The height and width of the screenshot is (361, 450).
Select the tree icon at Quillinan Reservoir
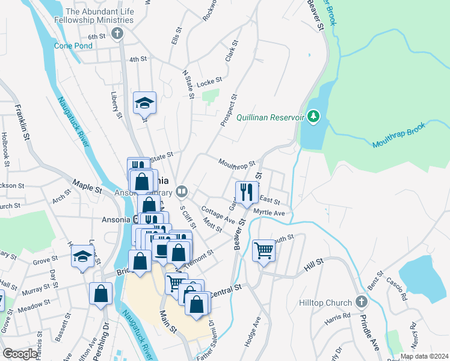click(x=313, y=116)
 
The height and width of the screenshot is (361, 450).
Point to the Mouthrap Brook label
click(x=398, y=136)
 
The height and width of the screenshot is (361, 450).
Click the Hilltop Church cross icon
click(x=361, y=301)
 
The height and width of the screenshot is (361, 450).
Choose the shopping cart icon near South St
click(x=264, y=250)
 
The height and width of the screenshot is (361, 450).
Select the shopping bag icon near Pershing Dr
click(x=100, y=294)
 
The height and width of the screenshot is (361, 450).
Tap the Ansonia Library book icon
click(x=182, y=193)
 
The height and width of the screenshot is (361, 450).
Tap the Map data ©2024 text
click(x=424, y=356)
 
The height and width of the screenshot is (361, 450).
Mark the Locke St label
click(x=210, y=79)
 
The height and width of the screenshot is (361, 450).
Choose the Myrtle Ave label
click(x=269, y=212)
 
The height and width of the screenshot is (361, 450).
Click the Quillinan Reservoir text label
click(x=270, y=117)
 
